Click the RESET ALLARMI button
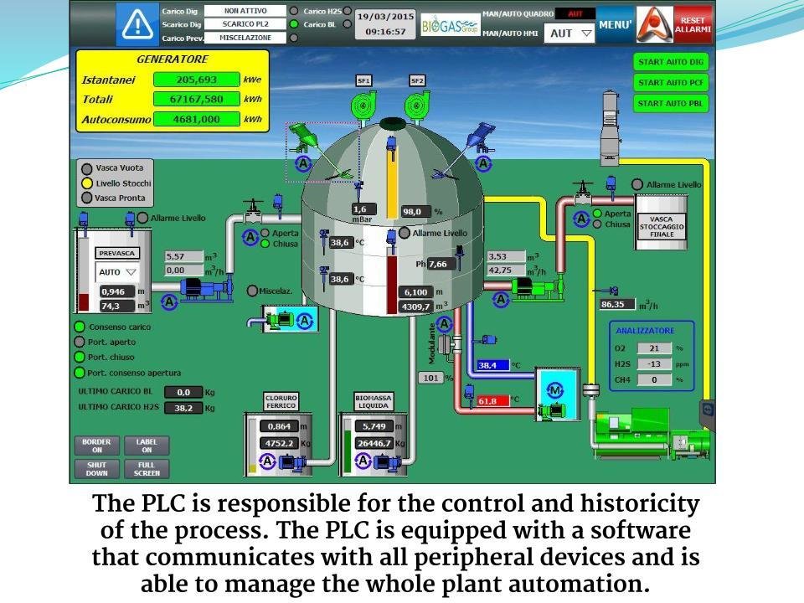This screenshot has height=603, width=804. [x=693, y=24]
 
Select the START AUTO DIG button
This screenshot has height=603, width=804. [x=671, y=62]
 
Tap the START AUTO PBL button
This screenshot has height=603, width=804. [x=671, y=104]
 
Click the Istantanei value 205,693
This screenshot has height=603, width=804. [x=197, y=80]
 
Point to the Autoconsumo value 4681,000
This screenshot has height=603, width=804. [x=197, y=120]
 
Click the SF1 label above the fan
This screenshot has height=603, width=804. [x=363, y=80]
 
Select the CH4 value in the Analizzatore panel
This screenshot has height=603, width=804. [x=655, y=379]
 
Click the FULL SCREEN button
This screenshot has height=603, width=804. [x=147, y=469]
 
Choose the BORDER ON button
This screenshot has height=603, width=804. [x=96, y=446]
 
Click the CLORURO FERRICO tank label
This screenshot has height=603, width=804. [x=281, y=401]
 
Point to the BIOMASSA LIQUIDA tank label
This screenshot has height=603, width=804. [x=374, y=401]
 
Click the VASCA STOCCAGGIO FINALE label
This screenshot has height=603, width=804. [x=662, y=226]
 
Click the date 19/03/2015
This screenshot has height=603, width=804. [x=385, y=16]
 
